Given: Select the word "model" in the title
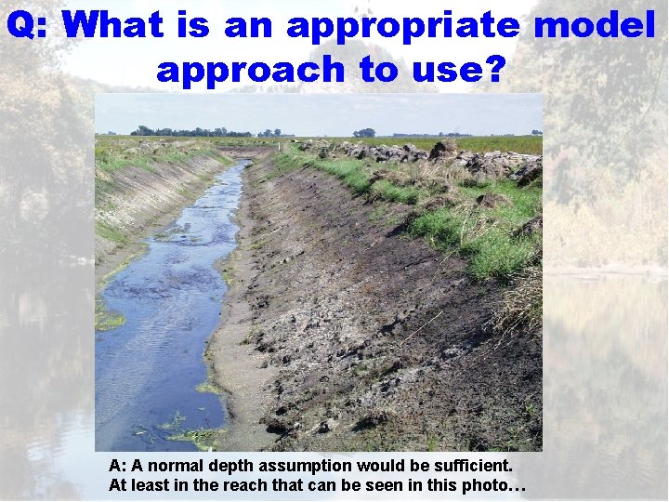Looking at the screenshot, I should (594, 25).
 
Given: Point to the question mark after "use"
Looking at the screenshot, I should (494, 68).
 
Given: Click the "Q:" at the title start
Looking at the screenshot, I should (29, 25).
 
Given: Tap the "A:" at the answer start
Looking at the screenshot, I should (118, 465).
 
